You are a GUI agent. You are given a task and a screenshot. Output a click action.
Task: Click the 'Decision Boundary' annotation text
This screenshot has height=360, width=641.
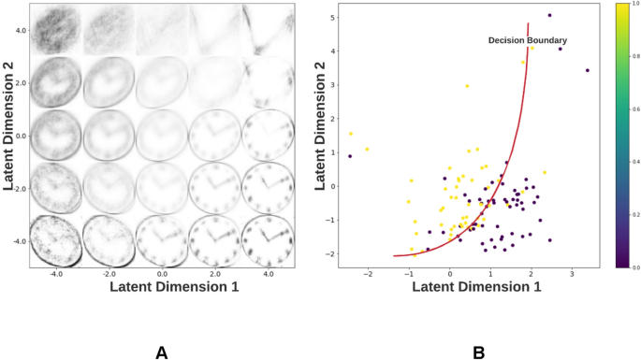[x=527, y=40]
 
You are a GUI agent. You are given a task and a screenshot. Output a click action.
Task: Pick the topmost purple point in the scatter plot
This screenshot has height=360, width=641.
[x=549, y=15]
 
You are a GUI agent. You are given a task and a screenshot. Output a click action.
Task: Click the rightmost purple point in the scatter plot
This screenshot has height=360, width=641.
[x=587, y=70]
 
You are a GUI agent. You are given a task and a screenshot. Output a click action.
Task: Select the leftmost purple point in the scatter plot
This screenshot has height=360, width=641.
[x=350, y=156]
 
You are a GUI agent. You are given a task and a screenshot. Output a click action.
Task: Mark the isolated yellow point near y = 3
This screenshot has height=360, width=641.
[x=467, y=86]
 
